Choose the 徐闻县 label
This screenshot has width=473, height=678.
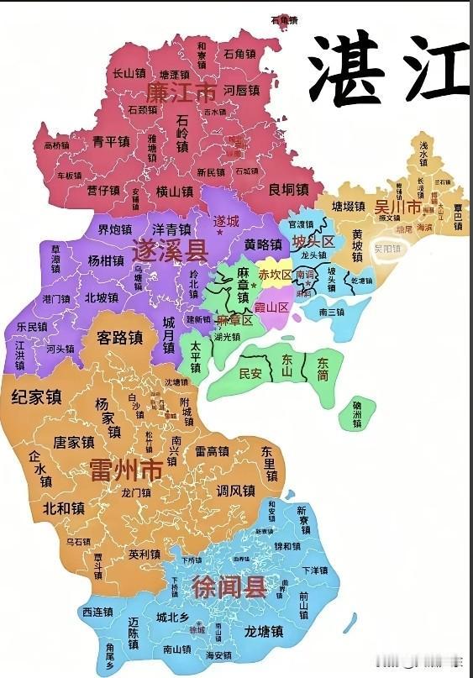(228, 586)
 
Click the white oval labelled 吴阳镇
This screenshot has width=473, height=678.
(388, 249)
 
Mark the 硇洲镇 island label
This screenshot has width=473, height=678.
(356, 413)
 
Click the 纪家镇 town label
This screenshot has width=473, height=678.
(37, 397)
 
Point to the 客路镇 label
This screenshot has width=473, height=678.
(119, 338)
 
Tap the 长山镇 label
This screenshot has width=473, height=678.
(129, 73)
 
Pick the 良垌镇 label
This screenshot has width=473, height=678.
(288, 188)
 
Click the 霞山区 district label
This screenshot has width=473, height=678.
(271, 307)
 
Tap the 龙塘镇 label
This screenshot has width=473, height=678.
(262, 631)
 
